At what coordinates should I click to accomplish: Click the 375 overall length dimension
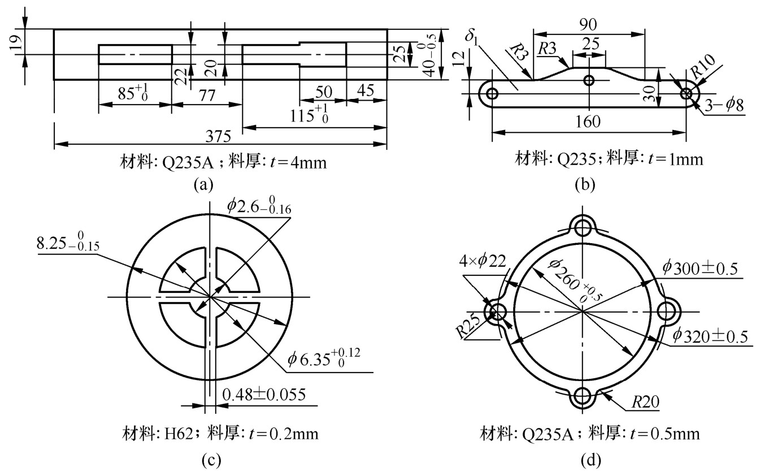coord(218,136)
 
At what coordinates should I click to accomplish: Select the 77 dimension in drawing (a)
coord(207,96)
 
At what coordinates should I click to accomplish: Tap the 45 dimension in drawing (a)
coord(366,90)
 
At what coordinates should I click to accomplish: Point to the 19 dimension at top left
coord(16,42)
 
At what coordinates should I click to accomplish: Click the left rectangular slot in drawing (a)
coord(136,54)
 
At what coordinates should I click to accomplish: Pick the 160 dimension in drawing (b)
coord(588,122)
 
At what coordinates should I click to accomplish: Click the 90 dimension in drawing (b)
coord(588,24)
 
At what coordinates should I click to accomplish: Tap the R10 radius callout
coord(703,67)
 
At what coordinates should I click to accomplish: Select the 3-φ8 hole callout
coord(724,105)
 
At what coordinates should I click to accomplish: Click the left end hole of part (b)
coord(492,93)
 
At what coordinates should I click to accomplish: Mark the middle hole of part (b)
coord(589,80)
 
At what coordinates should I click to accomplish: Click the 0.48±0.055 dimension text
coord(264,395)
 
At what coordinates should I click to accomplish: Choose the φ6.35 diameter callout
coord(324,358)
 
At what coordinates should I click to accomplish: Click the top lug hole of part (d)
coord(582,227)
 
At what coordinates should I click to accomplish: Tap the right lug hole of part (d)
coord(667,312)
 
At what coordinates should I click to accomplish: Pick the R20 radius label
coord(645,402)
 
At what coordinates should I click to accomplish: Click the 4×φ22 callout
coord(483,261)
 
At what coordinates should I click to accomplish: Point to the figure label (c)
coord(211,460)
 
